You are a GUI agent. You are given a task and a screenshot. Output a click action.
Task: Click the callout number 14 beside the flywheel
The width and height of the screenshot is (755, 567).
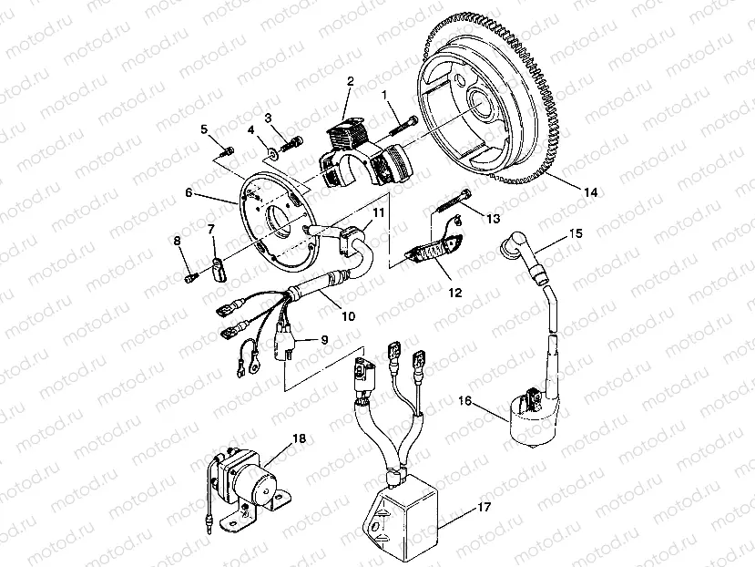pos(591,191)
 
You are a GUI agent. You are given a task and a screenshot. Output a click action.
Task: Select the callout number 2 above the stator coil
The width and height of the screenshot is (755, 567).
pos(350,82)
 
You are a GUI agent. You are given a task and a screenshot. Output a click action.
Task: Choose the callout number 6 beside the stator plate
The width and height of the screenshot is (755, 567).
pos(189,193)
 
